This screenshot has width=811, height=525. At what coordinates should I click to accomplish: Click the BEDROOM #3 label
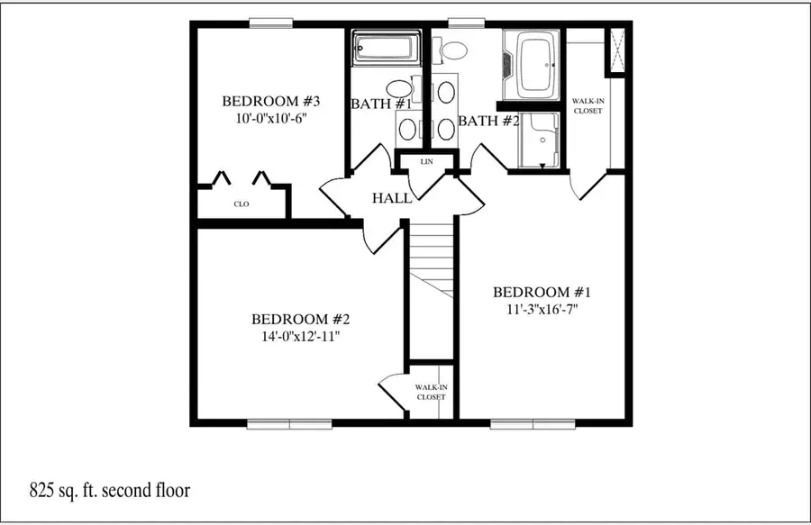pyautogui.click(x=266, y=100)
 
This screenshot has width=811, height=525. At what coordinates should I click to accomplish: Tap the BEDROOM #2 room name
pyautogui.click(x=300, y=319)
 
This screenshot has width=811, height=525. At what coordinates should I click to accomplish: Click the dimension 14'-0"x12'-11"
pyautogui.click(x=300, y=336)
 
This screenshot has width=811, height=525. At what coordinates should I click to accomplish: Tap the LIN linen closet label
pyautogui.click(x=427, y=162)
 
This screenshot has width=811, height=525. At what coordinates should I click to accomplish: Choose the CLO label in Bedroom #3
pyautogui.click(x=241, y=204)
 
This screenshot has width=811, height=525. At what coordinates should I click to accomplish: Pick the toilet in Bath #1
pyautogui.click(x=397, y=88)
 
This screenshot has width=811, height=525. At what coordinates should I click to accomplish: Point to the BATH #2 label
pyautogui.click(x=489, y=121)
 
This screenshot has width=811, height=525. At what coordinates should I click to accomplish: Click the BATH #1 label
pyautogui.click(x=381, y=104)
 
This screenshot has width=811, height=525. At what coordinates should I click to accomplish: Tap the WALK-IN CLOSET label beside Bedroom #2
pyautogui.click(x=431, y=392)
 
